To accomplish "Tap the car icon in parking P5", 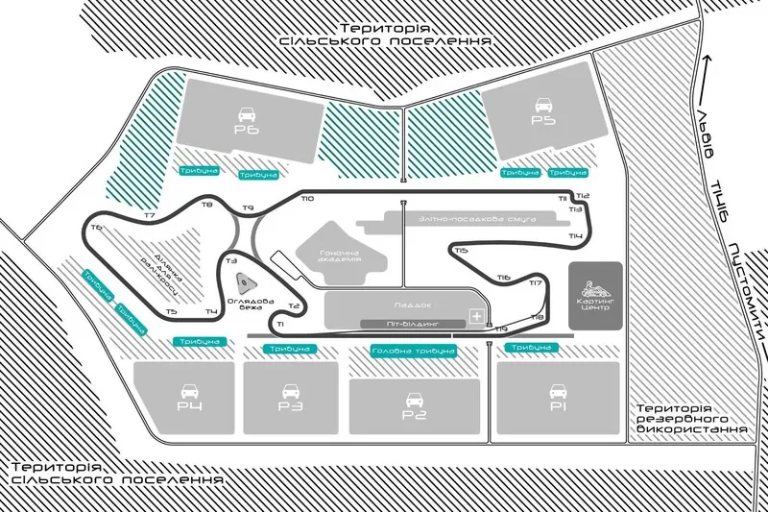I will (543, 104).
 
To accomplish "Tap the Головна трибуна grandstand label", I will (412, 352).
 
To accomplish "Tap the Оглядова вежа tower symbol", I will (245, 282).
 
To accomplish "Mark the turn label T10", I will (306, 199).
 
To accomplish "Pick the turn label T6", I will (96, 228).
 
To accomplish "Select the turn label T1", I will (279, 325).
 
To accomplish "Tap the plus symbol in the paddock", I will (475, 315).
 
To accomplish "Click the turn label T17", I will (536, 282).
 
